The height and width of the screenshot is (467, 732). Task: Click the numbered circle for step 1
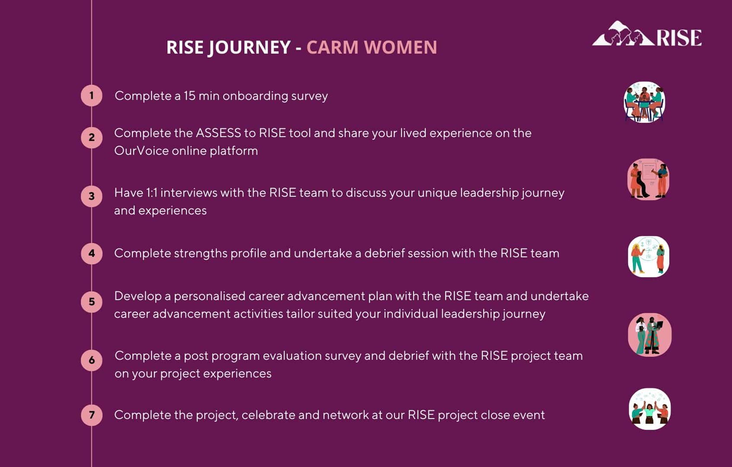point(92,96)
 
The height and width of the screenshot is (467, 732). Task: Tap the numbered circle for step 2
point(92,138)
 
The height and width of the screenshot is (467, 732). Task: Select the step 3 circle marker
point(92,196)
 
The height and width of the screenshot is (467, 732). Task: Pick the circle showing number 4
point(92,253)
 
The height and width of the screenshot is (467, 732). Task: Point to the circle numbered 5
point(92,302)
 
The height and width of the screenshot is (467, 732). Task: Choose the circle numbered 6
point(92,360)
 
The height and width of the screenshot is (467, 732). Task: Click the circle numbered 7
point(92,415)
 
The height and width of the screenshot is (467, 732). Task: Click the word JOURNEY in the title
point(250,48)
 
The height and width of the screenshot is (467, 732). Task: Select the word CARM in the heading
point(332,47)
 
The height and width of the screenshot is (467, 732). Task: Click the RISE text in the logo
point(679,38)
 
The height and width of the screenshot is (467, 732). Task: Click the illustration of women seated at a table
point(644,102)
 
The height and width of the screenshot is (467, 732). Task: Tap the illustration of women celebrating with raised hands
point(650,409)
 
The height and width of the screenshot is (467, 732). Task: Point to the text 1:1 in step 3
point(151,193)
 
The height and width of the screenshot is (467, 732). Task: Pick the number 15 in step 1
point(189,96)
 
